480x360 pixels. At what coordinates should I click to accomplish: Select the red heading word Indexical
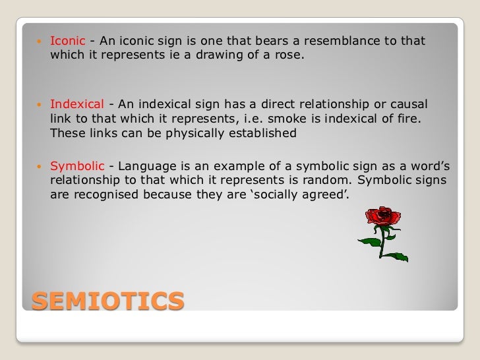(x=77, y=105)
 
